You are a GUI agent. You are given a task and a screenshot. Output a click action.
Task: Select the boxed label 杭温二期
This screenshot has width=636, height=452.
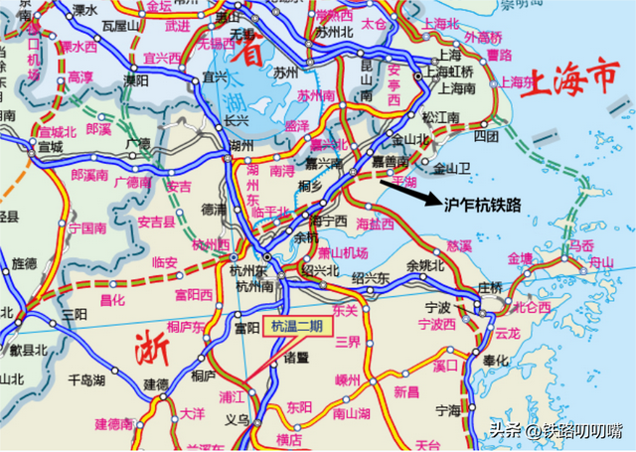point(296,327)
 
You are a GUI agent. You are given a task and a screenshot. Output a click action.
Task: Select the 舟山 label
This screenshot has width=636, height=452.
point(601,262)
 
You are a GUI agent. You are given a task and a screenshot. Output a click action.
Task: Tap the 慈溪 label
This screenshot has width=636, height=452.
point(459,244)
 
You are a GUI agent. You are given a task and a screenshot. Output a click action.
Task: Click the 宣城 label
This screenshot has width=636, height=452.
point(50,147)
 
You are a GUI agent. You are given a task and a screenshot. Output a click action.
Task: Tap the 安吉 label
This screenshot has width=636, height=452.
point(179,186)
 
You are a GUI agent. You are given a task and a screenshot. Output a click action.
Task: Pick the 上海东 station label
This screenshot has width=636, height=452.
point(517,82)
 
